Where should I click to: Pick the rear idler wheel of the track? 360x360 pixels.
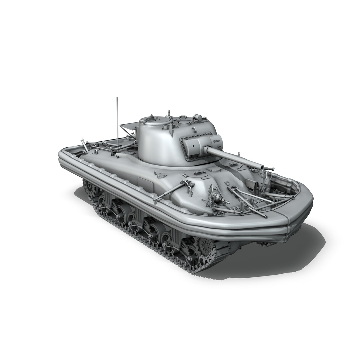click(89, 188)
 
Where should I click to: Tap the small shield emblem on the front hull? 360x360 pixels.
click(227, 183)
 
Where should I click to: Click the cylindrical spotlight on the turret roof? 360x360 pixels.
click(198, 117)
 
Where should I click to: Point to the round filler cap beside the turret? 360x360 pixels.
click(162, 175)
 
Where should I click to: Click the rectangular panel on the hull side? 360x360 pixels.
click(146, 183)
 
